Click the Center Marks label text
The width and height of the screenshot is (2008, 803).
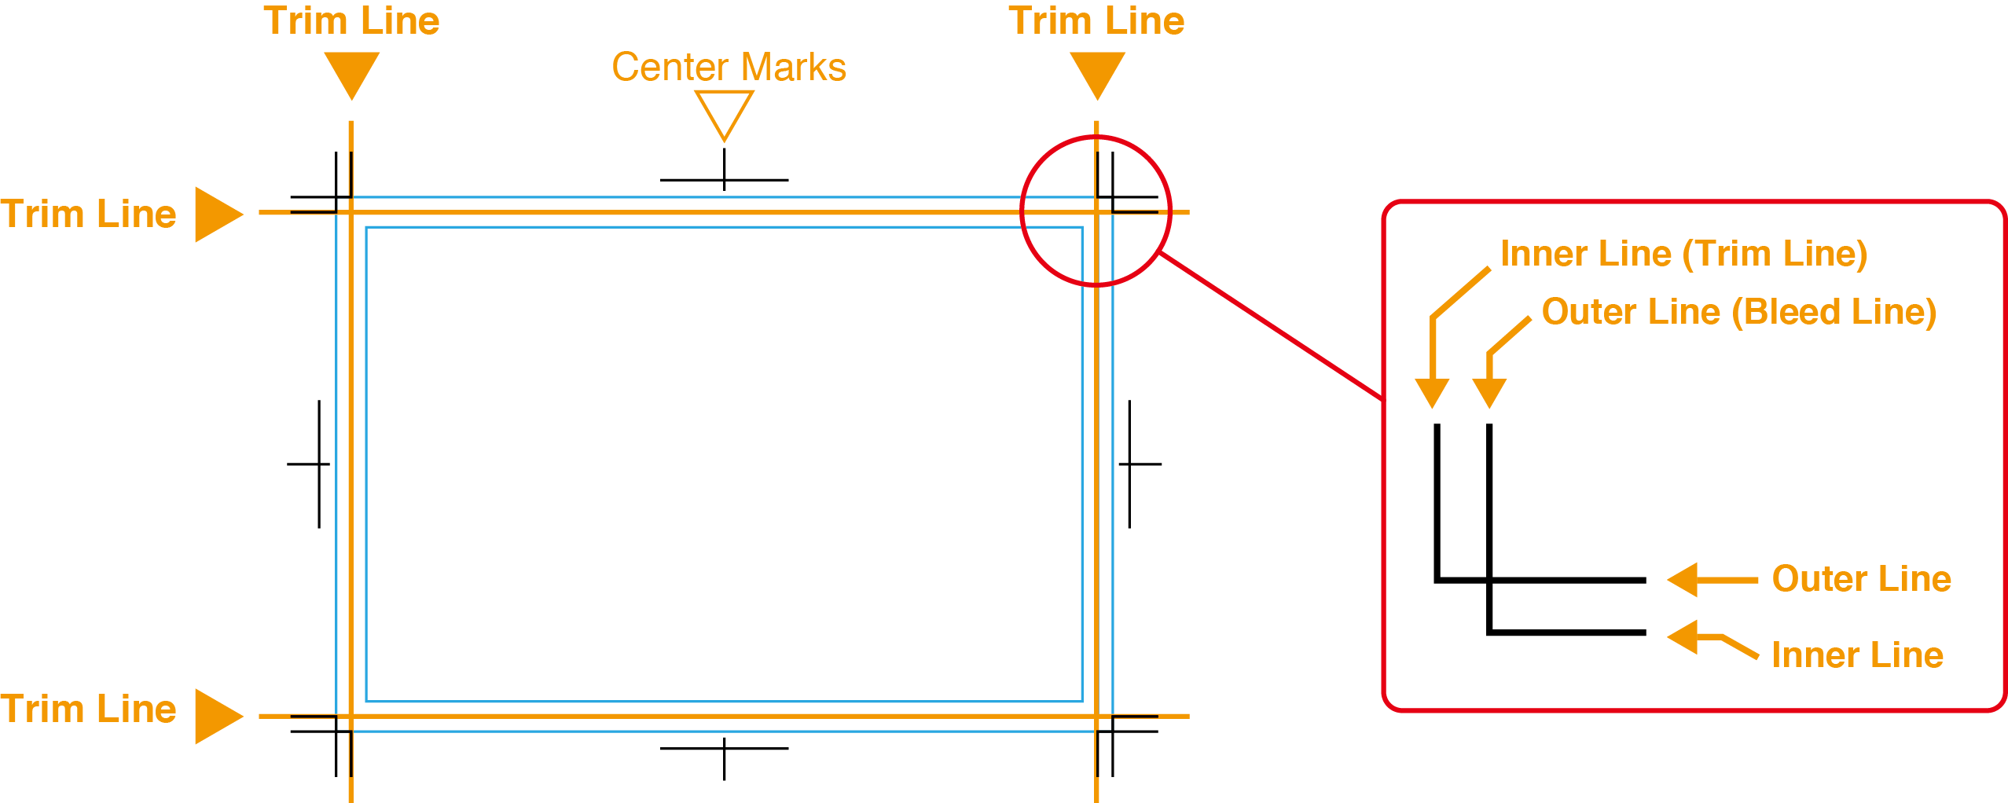729,68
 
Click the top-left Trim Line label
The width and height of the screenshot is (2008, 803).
351,21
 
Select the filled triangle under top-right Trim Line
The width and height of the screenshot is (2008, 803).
1097,72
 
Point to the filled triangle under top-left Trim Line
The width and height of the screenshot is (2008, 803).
352,72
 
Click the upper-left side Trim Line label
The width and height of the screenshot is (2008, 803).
88,214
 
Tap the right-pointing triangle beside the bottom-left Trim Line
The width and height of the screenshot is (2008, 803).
217,716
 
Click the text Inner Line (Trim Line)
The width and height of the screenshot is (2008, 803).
1683,254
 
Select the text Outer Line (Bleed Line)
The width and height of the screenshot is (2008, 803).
1738,312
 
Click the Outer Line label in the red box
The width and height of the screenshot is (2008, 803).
1861,579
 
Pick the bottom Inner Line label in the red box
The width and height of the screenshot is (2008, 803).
1857,655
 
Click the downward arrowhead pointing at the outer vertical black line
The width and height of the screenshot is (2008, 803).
1431,392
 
